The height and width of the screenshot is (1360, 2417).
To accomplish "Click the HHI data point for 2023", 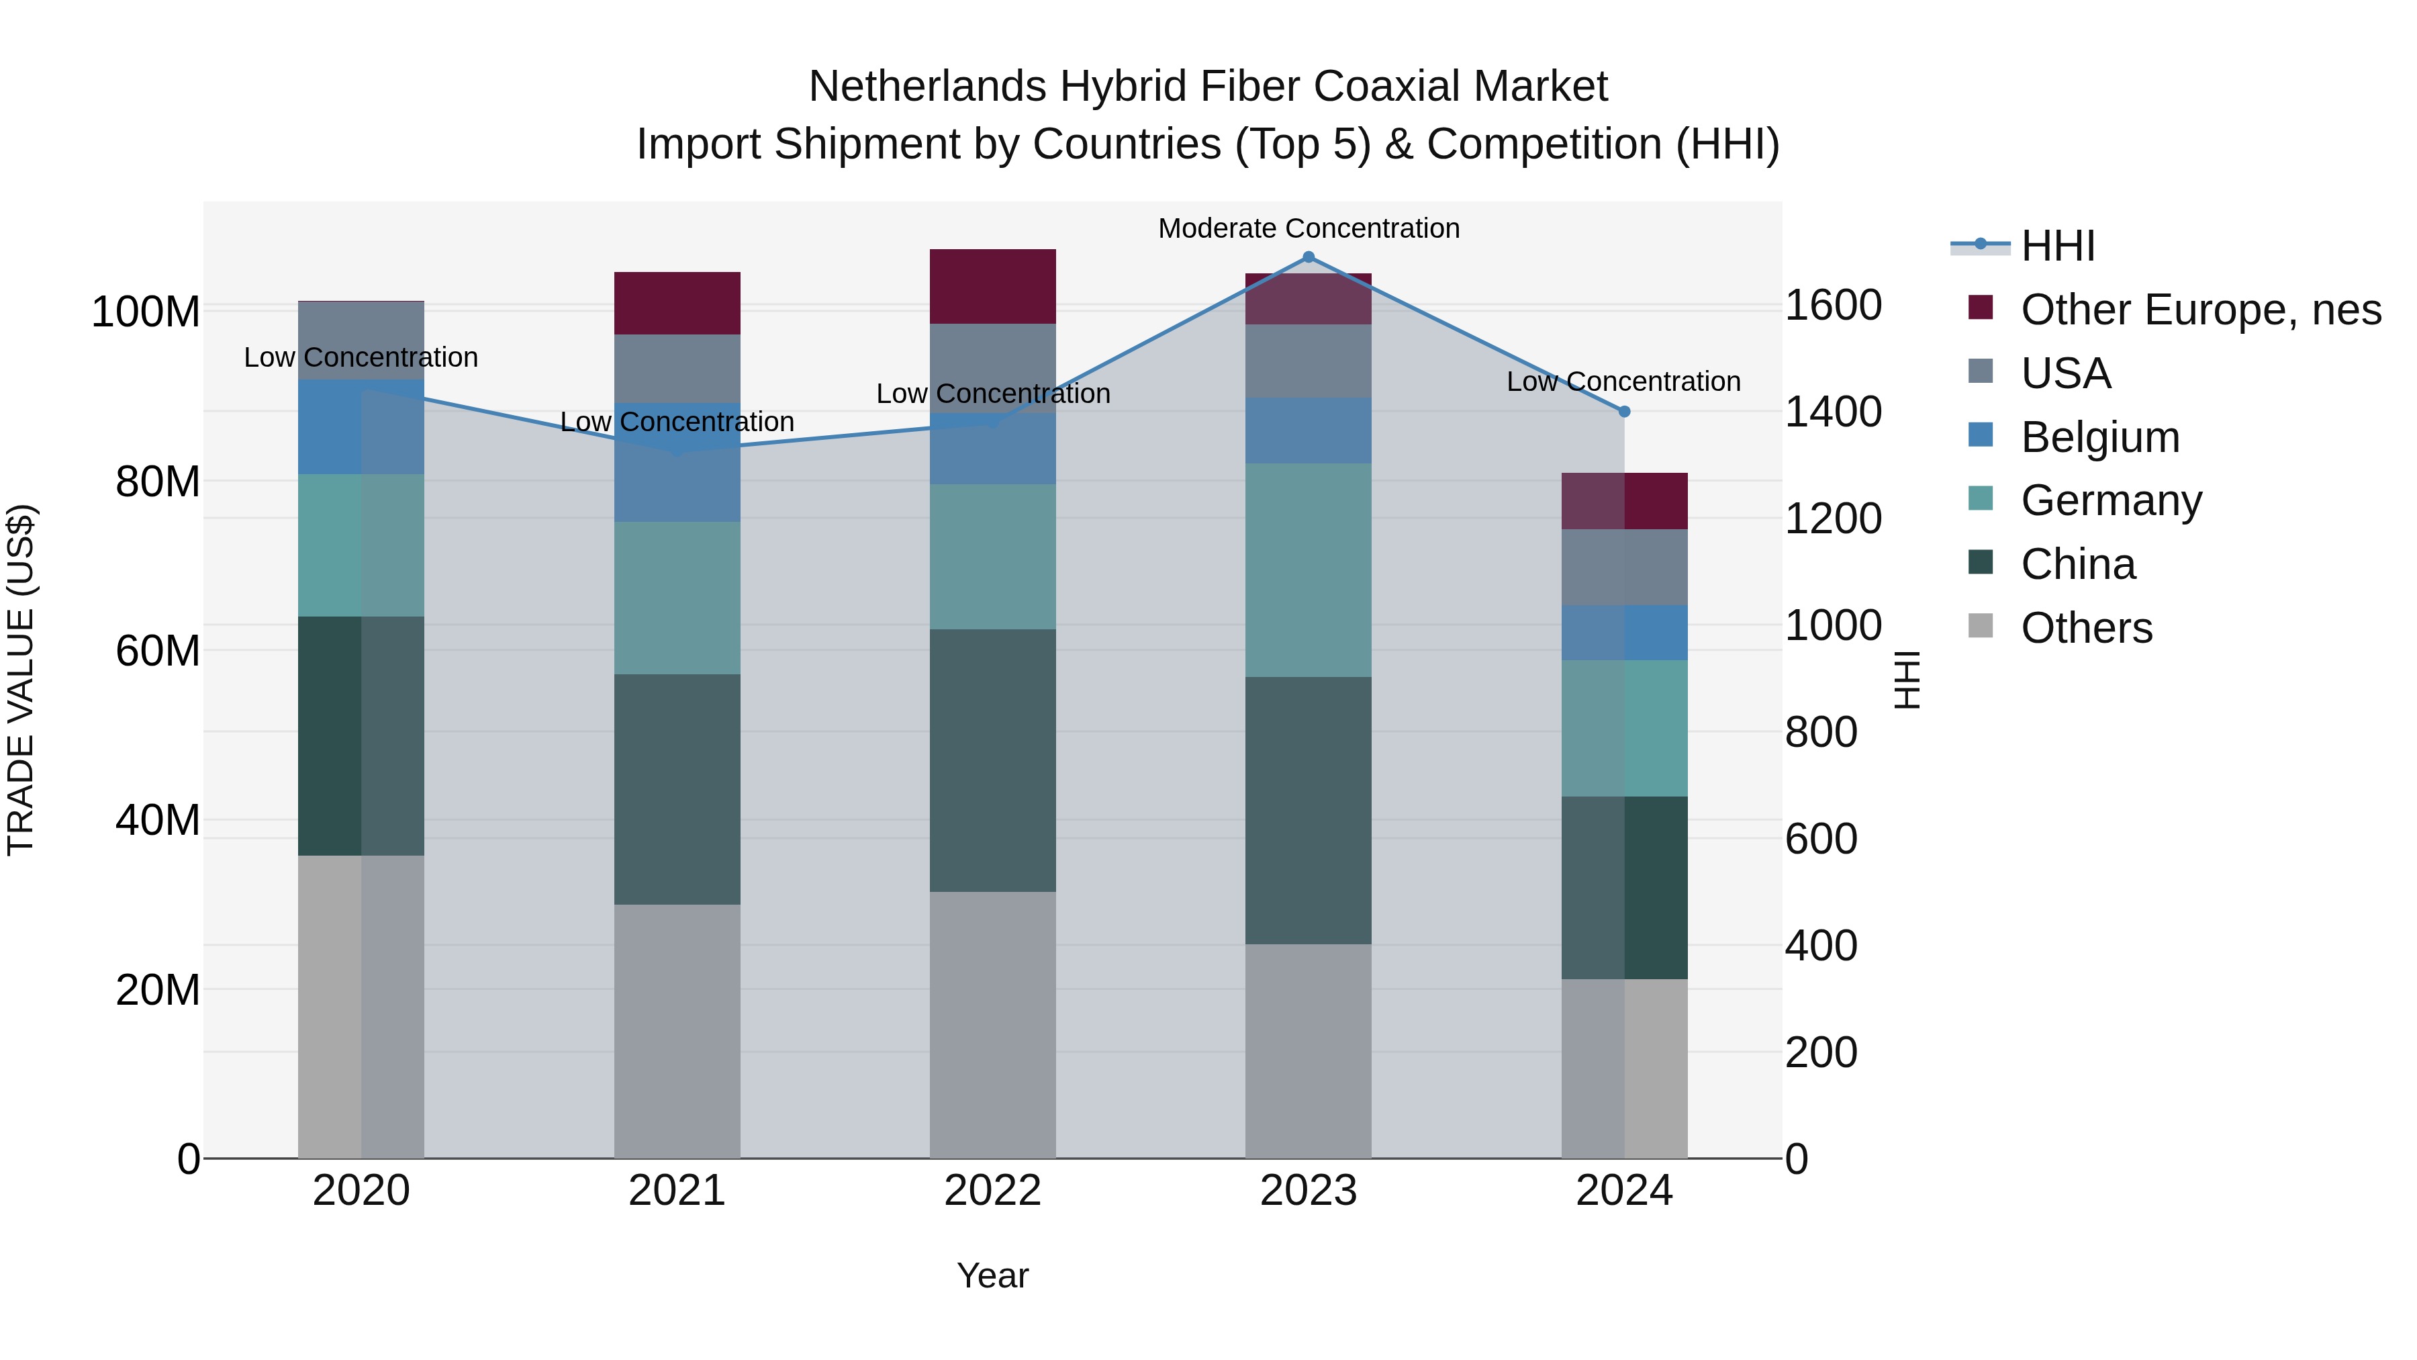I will point(1308,257).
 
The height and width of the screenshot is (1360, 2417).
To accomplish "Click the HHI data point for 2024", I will point(1624,411).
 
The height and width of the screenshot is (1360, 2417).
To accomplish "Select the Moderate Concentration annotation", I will point(1308,228).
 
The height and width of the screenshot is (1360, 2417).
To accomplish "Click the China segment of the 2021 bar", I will point(677,788).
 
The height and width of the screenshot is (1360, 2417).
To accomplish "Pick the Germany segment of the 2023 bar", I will point(1308,570).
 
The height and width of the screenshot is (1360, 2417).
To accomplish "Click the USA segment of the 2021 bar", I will point(677,368).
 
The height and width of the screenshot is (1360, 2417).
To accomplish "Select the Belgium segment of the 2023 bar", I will point(1308,430).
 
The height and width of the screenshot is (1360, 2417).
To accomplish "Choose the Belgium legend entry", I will point(2099,437).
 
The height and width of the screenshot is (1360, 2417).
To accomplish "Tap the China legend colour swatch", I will point(1980,562).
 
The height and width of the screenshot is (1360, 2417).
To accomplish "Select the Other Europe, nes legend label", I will point(2200,310).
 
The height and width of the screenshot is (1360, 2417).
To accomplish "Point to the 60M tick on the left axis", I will point(158,650).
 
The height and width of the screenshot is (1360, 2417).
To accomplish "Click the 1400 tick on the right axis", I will point(1832,412).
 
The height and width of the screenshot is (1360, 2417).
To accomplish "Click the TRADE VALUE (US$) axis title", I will point(21,680).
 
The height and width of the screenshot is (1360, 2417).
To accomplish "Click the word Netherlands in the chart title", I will point(927,87).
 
